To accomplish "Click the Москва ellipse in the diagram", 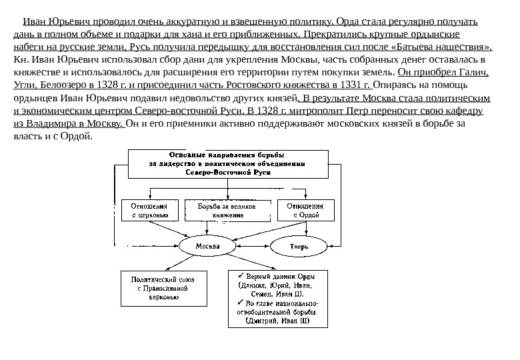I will [x=208, y=246].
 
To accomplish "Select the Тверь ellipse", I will [x=298, y=247].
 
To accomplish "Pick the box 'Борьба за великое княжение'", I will [x=228, y=211].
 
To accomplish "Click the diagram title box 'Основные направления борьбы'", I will [x=228, y=163].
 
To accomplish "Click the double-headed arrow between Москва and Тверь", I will [x=252, y=246].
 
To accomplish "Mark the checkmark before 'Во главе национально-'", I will [x=241, y=302].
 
